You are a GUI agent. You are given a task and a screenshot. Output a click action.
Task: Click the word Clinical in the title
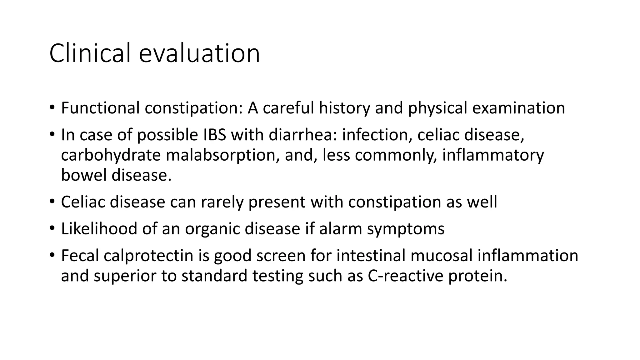pos(90,53)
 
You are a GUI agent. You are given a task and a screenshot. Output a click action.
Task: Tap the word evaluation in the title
pos(199,53)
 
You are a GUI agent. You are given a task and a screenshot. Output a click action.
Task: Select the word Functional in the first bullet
pos(100,108)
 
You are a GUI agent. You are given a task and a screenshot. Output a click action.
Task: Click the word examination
pos(518,108)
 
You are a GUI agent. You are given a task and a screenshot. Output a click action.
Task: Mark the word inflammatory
pos(493,155)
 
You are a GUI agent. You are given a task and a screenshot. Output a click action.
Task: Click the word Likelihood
pos(99,229)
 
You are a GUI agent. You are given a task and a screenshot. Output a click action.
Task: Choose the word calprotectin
pos(148,256)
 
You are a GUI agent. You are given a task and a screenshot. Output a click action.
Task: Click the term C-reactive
pos(405,276)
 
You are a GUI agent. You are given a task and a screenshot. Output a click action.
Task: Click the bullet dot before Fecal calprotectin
pos(52,255)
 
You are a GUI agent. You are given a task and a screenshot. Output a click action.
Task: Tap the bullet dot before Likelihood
pos(52,228)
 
